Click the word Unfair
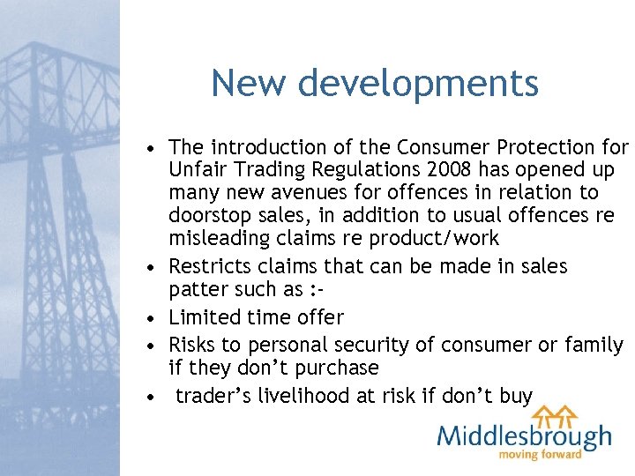tap(196, 169)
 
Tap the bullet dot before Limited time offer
tap(153, 317)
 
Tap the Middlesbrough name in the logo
tap(525, 435)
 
